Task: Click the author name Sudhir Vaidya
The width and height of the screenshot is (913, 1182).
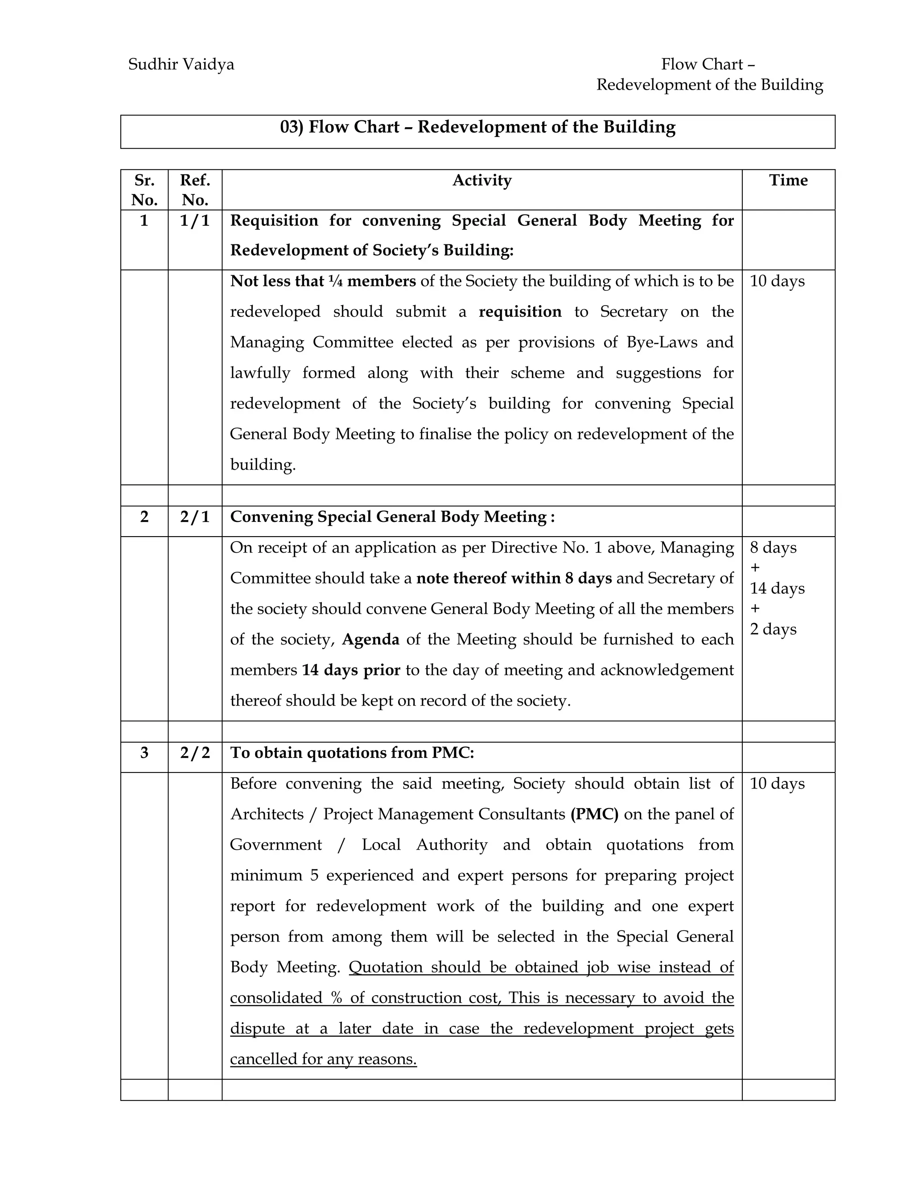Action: pos(181,64)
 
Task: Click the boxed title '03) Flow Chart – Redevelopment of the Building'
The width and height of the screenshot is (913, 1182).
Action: pos(477,127)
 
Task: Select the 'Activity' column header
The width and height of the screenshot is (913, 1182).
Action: pos(481,180)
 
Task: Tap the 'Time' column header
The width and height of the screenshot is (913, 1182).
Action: pos(788,180)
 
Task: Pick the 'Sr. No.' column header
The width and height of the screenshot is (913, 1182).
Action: pos(144,190)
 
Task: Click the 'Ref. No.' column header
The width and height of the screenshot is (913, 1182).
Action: pos(195,190)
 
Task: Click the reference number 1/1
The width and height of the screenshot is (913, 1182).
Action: pos(195,221)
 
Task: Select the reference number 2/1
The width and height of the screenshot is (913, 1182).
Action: pos(195,517)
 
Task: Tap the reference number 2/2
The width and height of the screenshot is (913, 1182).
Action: pos(195,753)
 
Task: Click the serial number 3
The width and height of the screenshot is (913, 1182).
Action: pos(144,753)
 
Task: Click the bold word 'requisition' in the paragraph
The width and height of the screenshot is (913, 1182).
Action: pos(520,312)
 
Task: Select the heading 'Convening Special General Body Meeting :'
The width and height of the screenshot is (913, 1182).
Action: pos(392,517)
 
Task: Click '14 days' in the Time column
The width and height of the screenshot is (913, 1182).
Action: pos(777,588)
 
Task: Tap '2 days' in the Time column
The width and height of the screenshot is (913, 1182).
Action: pos(773,629)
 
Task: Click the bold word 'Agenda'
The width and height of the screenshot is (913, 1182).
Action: pos(370,640)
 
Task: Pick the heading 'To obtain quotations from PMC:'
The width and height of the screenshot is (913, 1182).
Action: pos(352,753)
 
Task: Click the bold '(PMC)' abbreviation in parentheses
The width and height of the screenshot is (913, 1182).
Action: pos(594,814)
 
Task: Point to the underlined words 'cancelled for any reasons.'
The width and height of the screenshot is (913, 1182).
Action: pos(323,1059)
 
